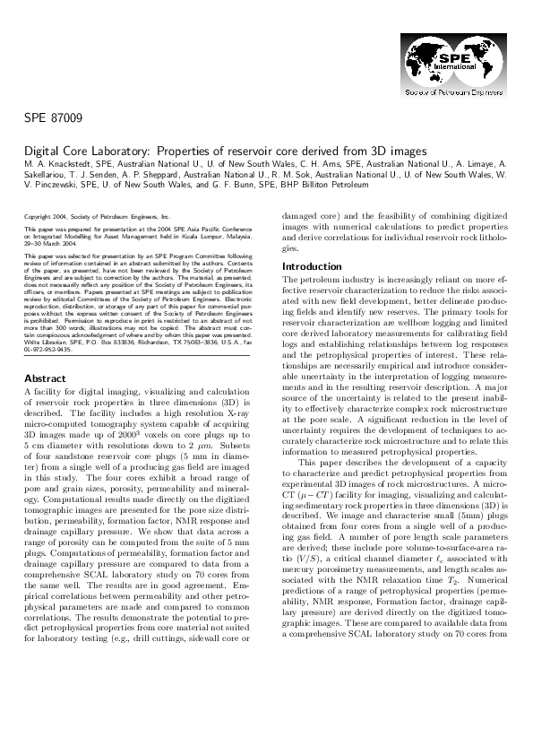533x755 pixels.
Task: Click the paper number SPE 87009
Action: (52, 117)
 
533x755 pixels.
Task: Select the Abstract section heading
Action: (45, 403)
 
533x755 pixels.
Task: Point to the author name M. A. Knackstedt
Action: (55, 166)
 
